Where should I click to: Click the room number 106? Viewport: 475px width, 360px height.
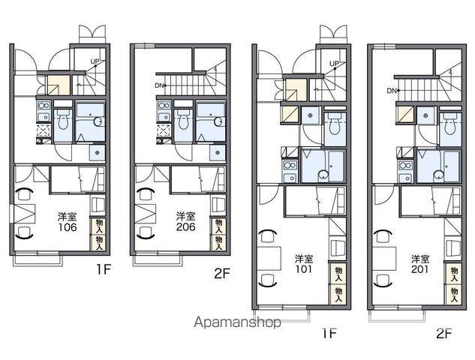click(x=68, y=227)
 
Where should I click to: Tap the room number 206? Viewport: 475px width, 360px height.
click(x=185, y=227)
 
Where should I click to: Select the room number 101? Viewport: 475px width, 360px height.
click(x=304, y=269)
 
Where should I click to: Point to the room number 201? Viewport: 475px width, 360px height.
click(x=420, y=269)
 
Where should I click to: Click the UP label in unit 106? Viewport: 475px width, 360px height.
click(x=95, y=61)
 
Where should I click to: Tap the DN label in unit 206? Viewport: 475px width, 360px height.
click(x=159, y=85)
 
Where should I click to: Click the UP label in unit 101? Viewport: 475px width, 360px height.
click(x=334, y=64)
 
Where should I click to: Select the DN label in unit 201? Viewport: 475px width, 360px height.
click(x=392, y=90)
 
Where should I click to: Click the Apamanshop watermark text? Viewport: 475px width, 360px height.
click(x=237, y=322)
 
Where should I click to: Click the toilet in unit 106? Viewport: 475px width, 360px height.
click(x=63, y=119)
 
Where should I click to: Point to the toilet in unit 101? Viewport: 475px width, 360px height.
click(x=335, y=124)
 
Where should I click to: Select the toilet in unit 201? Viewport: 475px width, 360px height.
click(x=450, y=124)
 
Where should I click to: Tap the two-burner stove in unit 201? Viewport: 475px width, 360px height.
click(x=405, y=166)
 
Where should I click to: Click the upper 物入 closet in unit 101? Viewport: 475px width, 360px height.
click(x=338, y=274)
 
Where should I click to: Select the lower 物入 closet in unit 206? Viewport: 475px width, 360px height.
click(x=218, y=242)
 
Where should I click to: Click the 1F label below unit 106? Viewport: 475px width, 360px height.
click(x=103, y=269)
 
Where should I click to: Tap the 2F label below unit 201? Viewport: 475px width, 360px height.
click(x=444, y=334)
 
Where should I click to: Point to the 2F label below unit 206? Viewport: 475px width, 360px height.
click(x=222, y=274)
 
